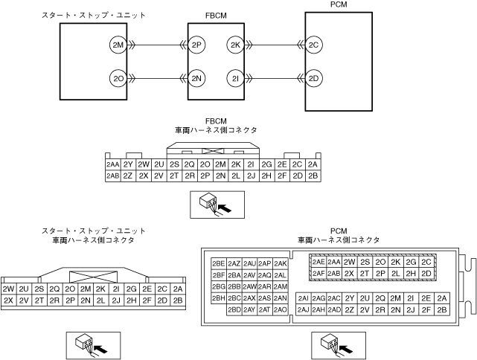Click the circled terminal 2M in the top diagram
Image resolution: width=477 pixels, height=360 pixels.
pyautogui.click(x=118, y=45)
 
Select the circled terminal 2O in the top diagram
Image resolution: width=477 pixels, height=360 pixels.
pyautogui.click(x=118, y=78)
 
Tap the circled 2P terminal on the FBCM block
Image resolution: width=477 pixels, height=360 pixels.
pyautogui.click(x=196, y=45)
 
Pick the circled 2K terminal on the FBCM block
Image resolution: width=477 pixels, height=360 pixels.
pyautogui.click(x=235, y=45)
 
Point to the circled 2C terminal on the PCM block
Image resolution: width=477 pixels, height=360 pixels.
pyautogui.click(x=313, y=45)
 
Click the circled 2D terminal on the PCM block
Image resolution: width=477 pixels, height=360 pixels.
pyautogui.click(x=313, y=78)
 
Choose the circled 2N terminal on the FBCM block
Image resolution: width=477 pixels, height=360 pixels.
pyautogui.click(x=196, y=78)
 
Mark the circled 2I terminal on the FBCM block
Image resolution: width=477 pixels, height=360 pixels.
pyautogui.click(x=235, y=78)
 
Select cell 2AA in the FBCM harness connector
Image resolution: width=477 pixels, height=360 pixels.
pyautogui.click(x=113, y=164)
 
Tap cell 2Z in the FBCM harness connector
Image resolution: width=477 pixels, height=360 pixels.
pyautogui.click(x=129, y=176)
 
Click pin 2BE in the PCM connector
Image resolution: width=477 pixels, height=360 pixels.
pyautogui.click(x=219, y=263)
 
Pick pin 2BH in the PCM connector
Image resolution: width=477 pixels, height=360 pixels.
pyautogui.click(x=219, y=298)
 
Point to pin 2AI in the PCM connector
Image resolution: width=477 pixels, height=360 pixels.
pyautogui.click(x=303, y=298)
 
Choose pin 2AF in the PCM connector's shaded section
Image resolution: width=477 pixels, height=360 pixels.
pyautogui.click(x=318, y=273)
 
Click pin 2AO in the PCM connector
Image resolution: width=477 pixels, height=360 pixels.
pyautogui.click(x=281, y=309)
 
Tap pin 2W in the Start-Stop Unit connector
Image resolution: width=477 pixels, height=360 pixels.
pyautogui.click(x=9, y=289)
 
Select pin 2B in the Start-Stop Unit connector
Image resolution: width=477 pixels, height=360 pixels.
pyautogui.click(x=177, y=300)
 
